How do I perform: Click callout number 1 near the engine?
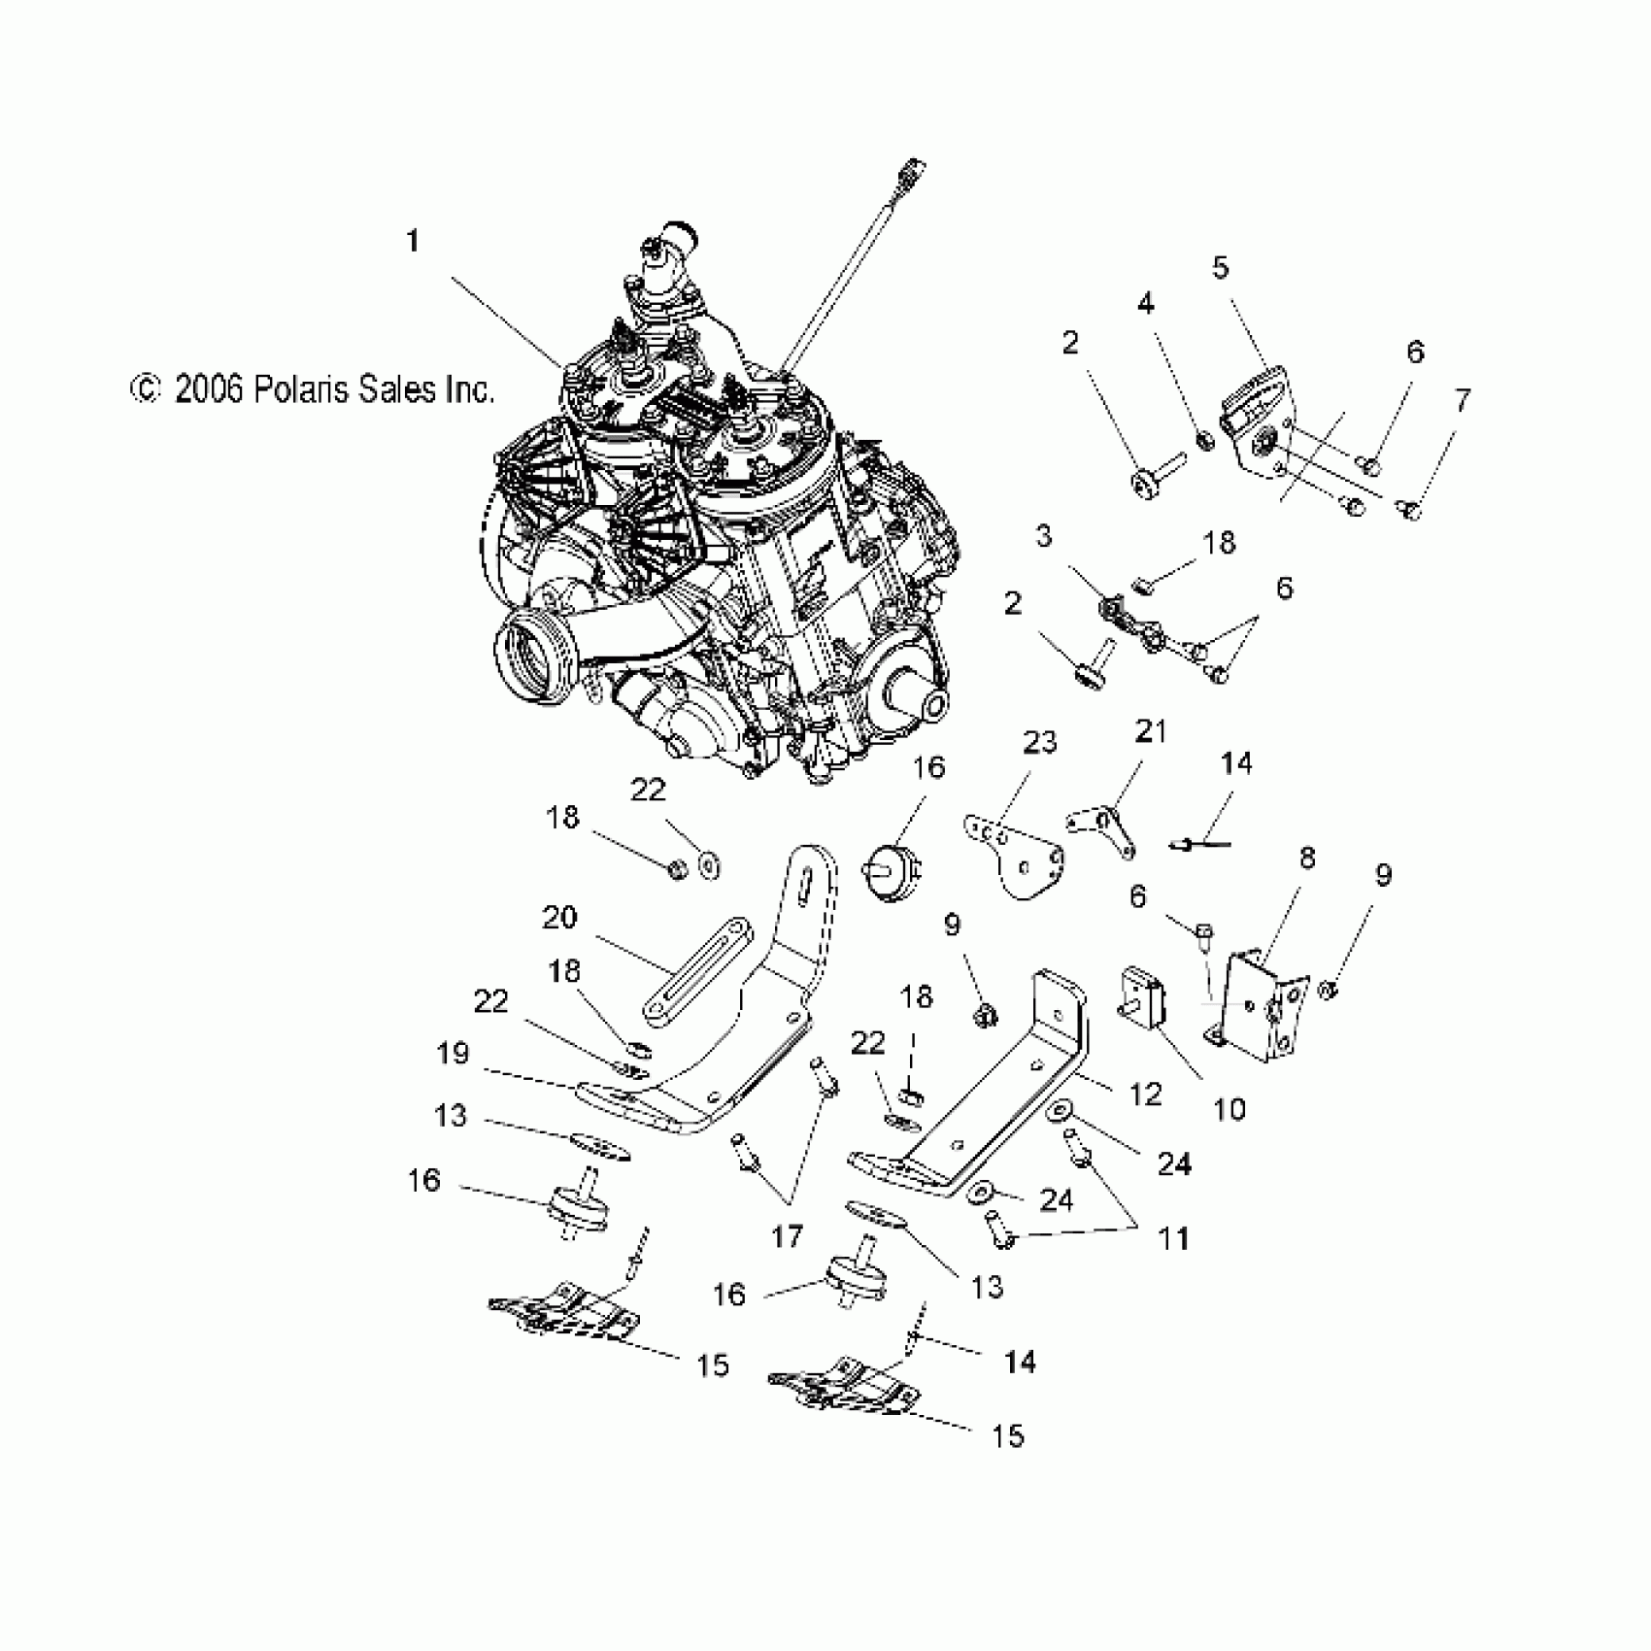(x=413, y=241)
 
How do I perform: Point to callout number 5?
(x=1221, y=267)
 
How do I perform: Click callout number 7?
(x=1462, y=400)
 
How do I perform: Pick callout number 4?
(x=1146, y=304)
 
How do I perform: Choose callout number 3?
(x=1044, y=535)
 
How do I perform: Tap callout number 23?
(x=1040, y=743)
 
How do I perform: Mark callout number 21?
(x=1151, y=730)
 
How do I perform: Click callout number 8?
(x=1307, y=859)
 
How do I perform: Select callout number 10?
(x=1230, y=1108)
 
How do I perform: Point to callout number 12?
(x=1146, y=1095)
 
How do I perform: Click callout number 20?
(x=559, y=918)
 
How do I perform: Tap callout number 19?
(x=453, y=1054)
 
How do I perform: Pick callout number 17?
(x=788, y=1235)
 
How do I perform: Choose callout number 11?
(x=1174, y=1239)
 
